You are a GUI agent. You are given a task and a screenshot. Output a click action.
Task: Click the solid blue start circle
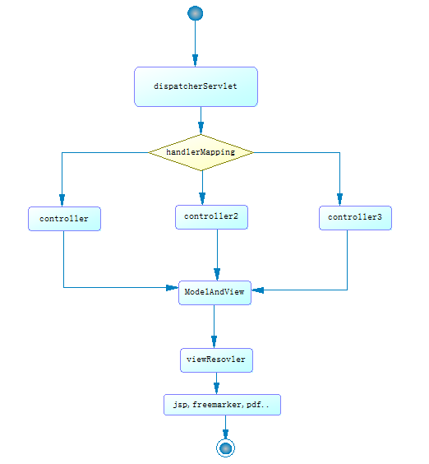(x=195, y=13)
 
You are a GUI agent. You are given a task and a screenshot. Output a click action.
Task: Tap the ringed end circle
(x=225, y=448)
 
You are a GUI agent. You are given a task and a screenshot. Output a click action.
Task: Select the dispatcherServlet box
(x=196, y=86)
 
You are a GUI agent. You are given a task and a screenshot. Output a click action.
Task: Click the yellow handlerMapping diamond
(x=201, y=152)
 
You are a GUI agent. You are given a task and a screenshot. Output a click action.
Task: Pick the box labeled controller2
(x=211, y=217)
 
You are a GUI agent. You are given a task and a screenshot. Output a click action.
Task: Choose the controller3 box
(x=355, y=218)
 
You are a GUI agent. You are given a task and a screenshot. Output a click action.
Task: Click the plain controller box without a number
(x=64, y=219)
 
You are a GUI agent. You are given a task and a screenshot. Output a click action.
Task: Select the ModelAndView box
(x=214, y=293)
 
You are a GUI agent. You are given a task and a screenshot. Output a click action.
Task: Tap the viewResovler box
(x=216, y=360)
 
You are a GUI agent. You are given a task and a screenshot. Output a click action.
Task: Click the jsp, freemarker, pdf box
(x=222, y=405)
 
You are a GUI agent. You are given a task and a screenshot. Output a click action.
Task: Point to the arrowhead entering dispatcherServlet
(x=195, y=60)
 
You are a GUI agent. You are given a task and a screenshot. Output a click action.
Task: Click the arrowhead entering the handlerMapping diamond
(x=201, y=128)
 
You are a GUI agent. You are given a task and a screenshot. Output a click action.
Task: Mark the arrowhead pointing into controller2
(x=202, y=199)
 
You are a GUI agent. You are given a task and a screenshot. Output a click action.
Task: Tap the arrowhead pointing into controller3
(x=339, y=199)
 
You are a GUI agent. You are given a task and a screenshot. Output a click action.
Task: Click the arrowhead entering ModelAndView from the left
(x=172, y=288)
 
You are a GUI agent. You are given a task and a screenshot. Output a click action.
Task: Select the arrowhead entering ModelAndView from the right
(x=257, y=290)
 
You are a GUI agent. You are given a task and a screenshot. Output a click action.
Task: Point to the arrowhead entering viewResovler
(x=214, y=341)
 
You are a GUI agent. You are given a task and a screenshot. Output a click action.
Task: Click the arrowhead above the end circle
(x=225, y=434)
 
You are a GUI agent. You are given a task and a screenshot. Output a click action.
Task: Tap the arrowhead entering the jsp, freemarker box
(x=216, y=388)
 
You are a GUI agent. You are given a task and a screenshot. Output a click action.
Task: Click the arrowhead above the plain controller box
(x=62, y=201)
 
